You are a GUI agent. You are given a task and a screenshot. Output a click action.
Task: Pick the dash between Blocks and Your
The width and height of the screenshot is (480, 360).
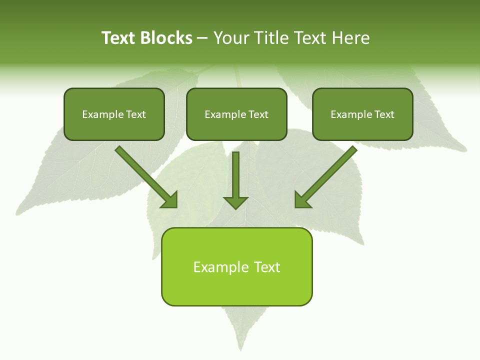[202, 38]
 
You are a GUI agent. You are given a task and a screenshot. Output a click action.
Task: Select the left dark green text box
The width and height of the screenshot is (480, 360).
[114, 114]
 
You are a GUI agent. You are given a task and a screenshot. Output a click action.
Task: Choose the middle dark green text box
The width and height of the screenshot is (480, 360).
[236, 114]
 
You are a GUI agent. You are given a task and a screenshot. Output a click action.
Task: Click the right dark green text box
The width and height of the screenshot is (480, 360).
[362, 114]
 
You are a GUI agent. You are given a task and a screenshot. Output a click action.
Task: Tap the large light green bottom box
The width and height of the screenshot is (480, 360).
[236, 266]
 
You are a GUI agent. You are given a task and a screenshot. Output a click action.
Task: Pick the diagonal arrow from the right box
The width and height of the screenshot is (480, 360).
[326, 176]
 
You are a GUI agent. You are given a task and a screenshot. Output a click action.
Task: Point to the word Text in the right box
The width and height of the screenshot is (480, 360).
[384, 114]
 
